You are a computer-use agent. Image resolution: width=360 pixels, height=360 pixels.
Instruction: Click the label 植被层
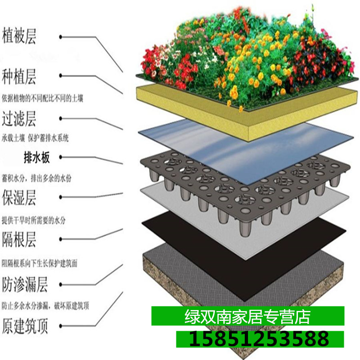click(x=20, y=35)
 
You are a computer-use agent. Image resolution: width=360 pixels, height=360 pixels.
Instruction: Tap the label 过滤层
click(x=19, y=120)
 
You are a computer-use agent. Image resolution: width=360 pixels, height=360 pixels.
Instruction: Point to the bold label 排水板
click(x=39, y=157)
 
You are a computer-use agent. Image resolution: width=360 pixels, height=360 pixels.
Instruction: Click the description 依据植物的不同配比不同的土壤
click(x=42, y=97)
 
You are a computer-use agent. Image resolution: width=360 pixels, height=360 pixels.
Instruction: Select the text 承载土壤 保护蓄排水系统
click(x=36, y=138)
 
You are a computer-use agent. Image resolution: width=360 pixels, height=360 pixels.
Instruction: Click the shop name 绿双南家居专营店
click(x=247, y=317)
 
